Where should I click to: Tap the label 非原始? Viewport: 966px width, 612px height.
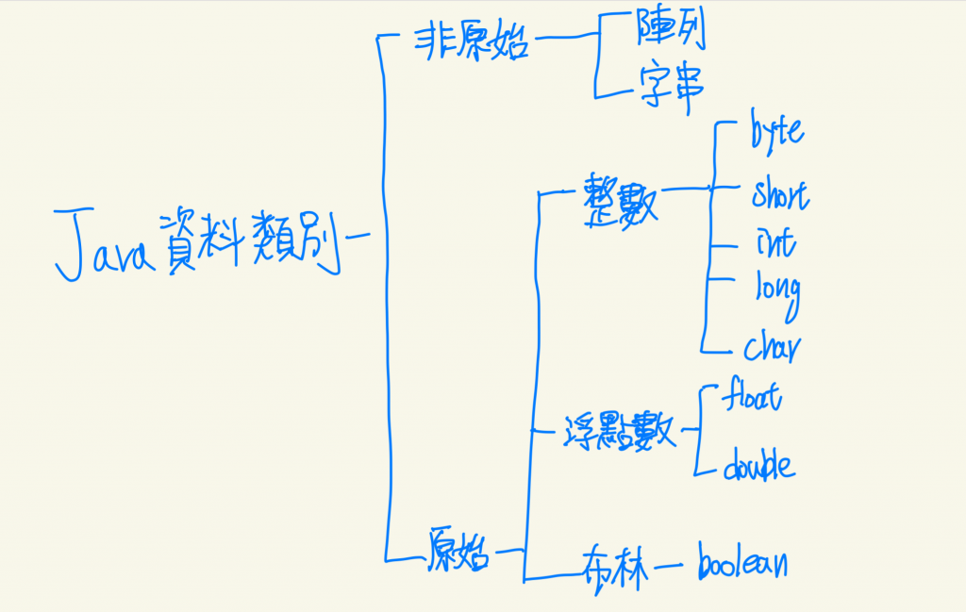tap(471, 41)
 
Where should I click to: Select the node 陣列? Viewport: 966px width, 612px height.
tap(671, 36)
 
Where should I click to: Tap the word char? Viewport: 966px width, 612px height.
tap(773, 347)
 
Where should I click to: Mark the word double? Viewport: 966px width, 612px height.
tap(758, 465)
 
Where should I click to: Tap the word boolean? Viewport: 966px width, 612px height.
tap(741, 563)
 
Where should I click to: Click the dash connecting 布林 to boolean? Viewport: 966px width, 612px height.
tap(668, 567)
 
